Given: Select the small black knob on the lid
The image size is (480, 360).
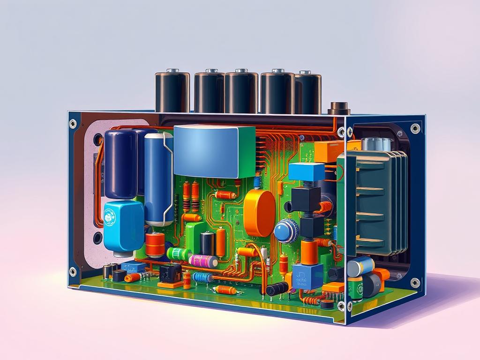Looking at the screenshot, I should coord(338,108).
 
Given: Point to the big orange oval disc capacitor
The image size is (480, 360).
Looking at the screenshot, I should coord(259,213).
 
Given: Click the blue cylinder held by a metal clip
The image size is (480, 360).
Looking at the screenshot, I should coord(158,178).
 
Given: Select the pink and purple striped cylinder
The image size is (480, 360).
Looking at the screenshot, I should coord(203,261).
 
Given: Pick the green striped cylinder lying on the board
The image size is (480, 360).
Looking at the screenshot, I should coord(179,254).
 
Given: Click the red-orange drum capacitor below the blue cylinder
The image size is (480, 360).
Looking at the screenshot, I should coord(155,244).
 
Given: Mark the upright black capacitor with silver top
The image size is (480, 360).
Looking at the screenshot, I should coord(207,243).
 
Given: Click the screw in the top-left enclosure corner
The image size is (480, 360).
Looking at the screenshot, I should coord(73,124).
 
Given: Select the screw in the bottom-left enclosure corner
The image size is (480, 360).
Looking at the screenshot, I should coord(73,271).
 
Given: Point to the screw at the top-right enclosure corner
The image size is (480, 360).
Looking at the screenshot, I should coord(415,128).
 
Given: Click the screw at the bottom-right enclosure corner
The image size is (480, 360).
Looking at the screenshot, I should coord(415,283).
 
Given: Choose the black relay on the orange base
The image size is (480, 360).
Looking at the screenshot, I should coord(170,275).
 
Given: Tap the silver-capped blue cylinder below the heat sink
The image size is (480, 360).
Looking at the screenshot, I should coord(360,266).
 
